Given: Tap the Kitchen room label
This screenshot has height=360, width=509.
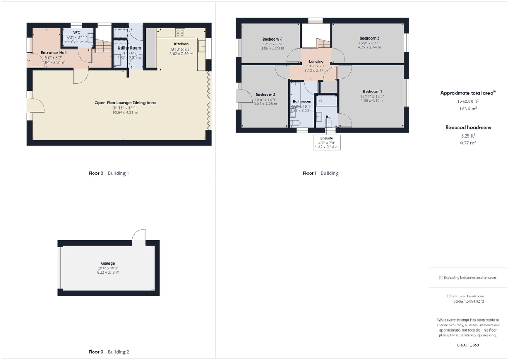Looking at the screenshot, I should click(181, 44).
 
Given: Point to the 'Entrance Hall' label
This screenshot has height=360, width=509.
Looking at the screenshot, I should click(53, 53).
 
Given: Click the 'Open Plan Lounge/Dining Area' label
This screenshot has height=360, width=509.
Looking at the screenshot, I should click(124, 103).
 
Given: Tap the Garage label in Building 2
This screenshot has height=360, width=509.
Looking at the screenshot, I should click(108, 263).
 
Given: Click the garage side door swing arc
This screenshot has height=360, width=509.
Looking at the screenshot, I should click(138, 235).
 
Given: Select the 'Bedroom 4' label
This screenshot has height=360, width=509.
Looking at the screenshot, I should click(272, 39).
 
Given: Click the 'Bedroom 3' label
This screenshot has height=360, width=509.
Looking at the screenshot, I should click(369, 38).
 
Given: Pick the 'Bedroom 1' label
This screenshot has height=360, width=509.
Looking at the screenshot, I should click(372, 91).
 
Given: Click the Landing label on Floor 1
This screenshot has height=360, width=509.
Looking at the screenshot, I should click(316, 62).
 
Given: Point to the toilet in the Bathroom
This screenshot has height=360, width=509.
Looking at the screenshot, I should click(295, 123).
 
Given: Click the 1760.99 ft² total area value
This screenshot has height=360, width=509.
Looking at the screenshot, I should click(468, 101).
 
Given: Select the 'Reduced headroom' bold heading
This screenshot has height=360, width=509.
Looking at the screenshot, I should click(468, 127).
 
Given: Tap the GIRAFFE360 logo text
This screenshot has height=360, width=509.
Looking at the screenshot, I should click(468, 344).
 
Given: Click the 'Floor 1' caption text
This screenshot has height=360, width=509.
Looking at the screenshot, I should click(310, 173).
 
